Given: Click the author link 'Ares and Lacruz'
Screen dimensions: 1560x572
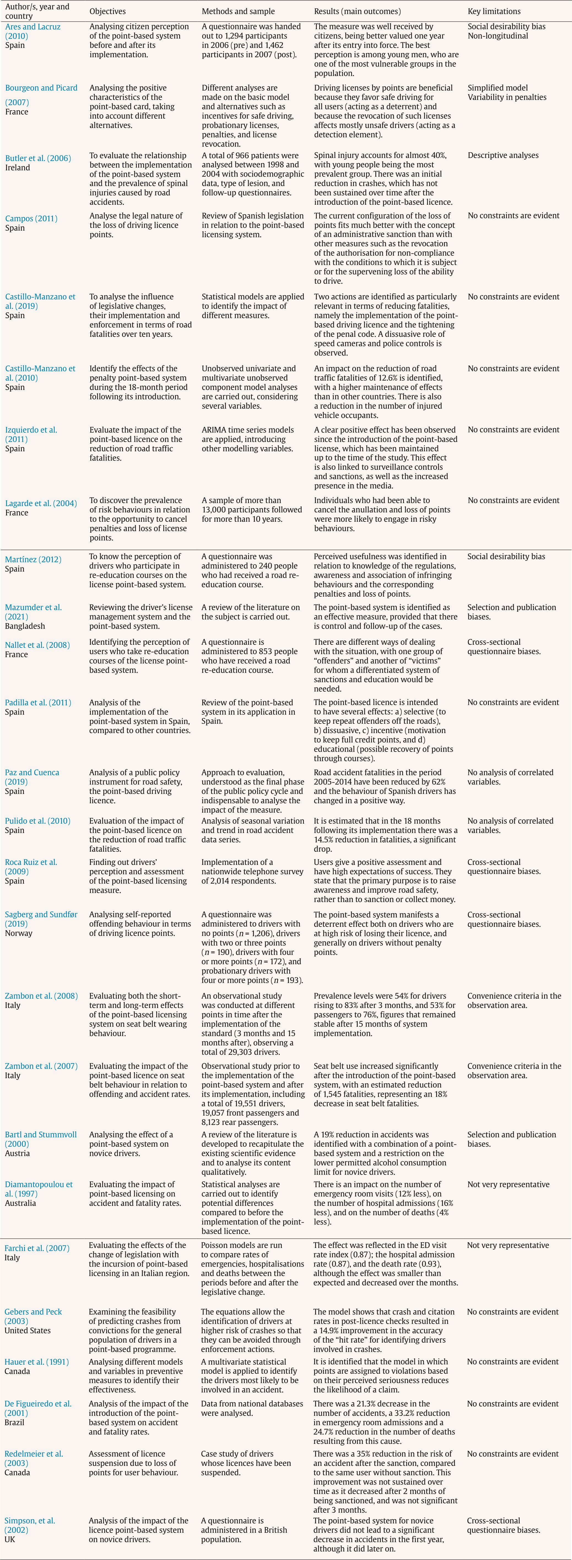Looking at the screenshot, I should click(x=33, y=27).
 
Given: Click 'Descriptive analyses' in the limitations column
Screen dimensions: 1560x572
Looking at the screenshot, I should click(x=503, y=155).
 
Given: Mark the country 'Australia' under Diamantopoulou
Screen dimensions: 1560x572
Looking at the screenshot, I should click(x=21, y=1203).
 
